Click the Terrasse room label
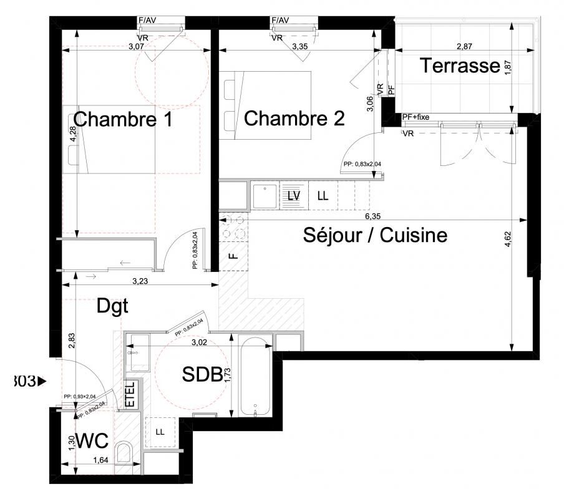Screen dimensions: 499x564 (459, 65)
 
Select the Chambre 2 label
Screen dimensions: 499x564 (294, 119)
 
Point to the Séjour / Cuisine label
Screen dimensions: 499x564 (376, 236)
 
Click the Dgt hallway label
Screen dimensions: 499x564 (112, 306)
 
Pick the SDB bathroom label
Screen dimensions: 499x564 (201, 374)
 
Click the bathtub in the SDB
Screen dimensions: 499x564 (256, 377)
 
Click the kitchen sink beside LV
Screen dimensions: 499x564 (265, 195)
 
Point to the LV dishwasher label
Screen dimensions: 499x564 (293, 195)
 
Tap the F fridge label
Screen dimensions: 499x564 (233, 256)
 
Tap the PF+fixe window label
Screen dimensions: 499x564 (416, 117)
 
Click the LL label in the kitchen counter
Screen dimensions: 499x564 (322, 195)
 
